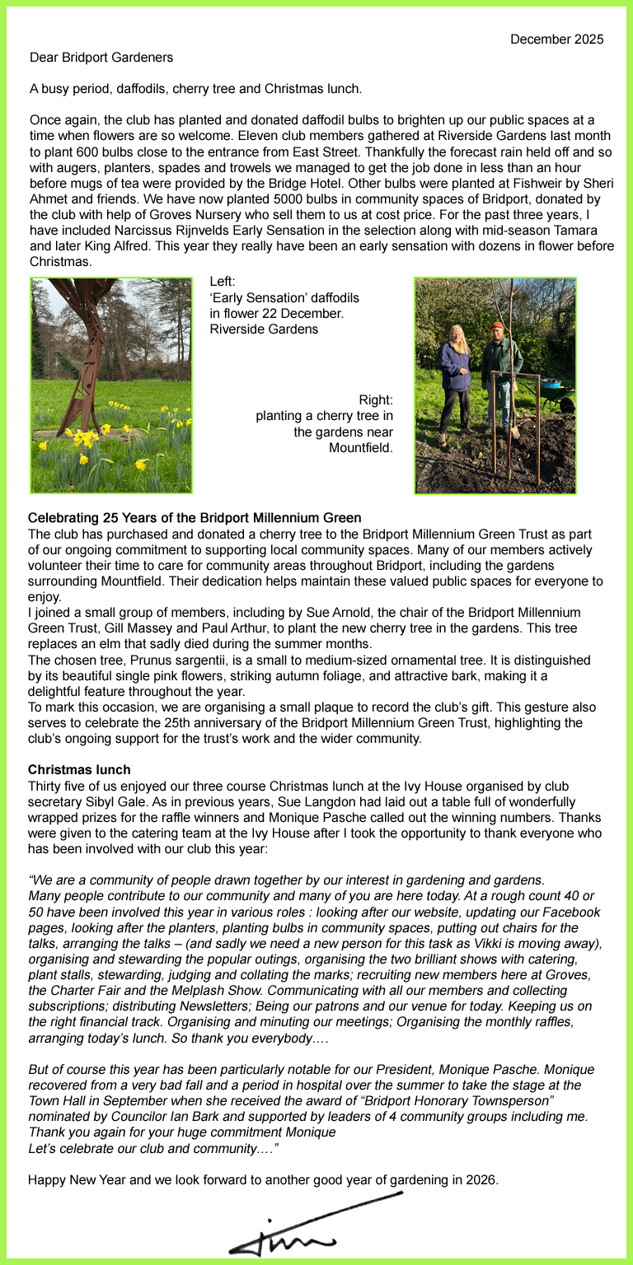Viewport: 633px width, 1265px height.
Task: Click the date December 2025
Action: [556, 39]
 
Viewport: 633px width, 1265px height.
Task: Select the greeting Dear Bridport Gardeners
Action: [101, 58]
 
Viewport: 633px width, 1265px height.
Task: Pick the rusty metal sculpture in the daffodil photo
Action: [83, 346]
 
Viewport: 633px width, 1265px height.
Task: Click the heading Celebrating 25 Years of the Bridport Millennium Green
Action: [195, 518]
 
